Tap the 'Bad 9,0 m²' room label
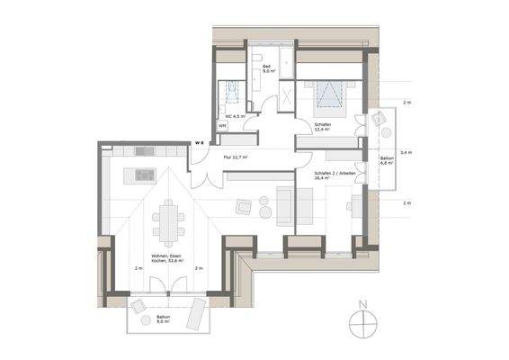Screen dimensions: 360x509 (x=267, y=70)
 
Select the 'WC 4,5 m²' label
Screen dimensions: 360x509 (x=235, y=116)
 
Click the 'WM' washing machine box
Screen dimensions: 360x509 (x=223, y=127)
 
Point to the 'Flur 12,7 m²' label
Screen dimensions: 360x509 (x=236, y=157)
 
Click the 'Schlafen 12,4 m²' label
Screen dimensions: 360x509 (x=321, y=127)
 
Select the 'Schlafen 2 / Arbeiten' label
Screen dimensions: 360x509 (x=334, y=174)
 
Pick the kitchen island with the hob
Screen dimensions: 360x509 (x=143, y=173)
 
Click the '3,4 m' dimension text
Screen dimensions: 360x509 (x=406, y=153)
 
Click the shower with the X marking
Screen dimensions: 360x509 (x=290, y=94)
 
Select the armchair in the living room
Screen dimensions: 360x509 (x=244, y=207)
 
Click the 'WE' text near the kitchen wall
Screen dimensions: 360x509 (x=201, y=141)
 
